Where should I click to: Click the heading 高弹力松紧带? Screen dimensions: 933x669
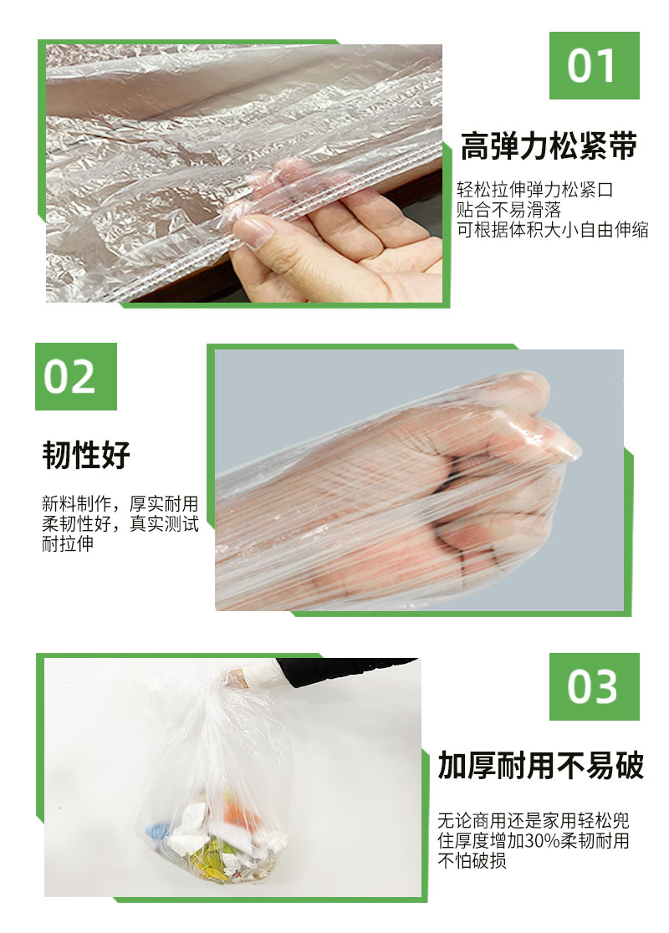coord(549,146)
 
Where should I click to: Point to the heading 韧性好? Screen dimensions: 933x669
coord(86,456)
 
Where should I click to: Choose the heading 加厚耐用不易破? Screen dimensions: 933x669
coord(541,765)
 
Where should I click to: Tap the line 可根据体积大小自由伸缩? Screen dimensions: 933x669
coord(552,231)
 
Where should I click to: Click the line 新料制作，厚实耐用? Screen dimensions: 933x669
coord(120,504)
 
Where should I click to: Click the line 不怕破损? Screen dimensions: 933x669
coord(472,860)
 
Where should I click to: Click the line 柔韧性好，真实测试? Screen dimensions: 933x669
coord(120,524)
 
